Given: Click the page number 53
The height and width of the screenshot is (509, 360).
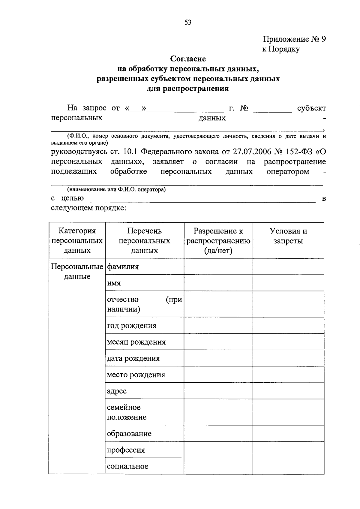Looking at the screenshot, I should click(188, 23).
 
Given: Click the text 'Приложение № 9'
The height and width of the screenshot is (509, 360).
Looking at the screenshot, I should click(294, 39).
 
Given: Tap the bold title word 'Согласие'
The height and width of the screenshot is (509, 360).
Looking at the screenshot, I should click(188, 59).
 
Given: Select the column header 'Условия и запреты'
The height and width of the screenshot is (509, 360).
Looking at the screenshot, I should click(288, 236).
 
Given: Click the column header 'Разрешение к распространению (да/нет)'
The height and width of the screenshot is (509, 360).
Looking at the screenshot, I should click(218, 241).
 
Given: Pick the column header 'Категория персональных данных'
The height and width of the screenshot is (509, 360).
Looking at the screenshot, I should click(77, 241).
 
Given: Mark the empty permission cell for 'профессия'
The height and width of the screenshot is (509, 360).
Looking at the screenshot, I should click(218, 450).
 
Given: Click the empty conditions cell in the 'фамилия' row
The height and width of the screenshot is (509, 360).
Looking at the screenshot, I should click(288, 267).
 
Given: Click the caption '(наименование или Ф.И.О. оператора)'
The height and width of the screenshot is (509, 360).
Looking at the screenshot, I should click(116, 189).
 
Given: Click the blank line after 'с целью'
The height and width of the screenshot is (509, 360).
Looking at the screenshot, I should click(202, 199).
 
